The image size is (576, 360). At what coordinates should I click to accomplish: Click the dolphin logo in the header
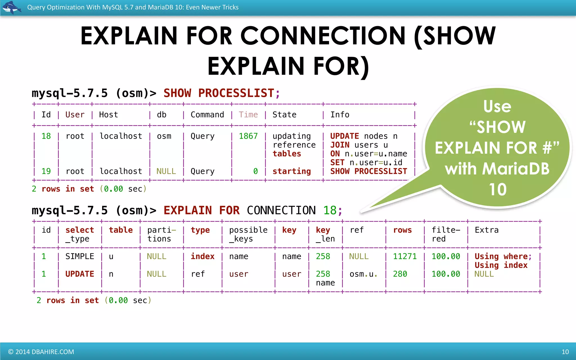[x=11, y=7]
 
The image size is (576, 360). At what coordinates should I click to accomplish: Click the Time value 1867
[x=248, y=136]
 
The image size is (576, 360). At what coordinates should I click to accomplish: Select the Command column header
[x=207, y=115]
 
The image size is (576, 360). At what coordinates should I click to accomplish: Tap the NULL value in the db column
[x=166, y=171]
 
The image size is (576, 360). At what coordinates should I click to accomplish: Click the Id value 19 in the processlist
[x=46, y=171]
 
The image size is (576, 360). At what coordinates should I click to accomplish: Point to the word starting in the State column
[x=291, y=171]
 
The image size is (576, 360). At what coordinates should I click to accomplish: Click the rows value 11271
[x=404, y=256]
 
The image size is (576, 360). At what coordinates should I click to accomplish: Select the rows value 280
[x=400, y=274]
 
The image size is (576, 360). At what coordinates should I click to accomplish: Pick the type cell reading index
[x=202, y=256]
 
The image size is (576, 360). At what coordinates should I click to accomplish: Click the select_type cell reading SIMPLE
[x=80, y=256]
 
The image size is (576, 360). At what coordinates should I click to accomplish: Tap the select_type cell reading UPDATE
[x=80, y=274]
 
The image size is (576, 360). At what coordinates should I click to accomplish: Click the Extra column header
[x=487, y=230]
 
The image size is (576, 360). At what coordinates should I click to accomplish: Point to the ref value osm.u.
[x=363, y=274]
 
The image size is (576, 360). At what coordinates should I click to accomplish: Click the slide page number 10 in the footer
[x=565, y=352]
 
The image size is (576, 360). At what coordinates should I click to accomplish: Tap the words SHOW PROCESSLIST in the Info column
[x=368, y=171]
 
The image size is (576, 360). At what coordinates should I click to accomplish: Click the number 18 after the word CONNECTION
[x=330, y=210]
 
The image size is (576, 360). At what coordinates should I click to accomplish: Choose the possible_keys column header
[x=248, y=234]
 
